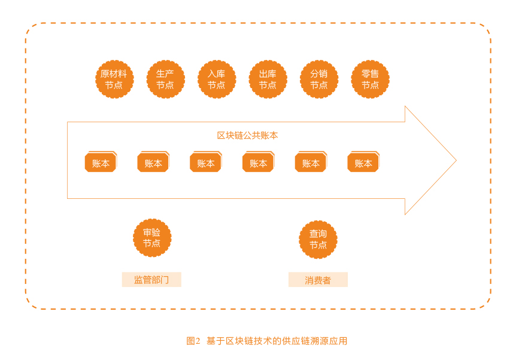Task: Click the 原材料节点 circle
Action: [x=114, y=80]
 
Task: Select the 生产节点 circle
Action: [x=165, y=80]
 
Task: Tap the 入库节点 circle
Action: [x=217, y=80]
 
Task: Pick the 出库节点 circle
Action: [x=268, y=80]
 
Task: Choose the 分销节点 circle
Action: [x=319, y=80]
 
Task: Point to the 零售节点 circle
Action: [x=370, y=80]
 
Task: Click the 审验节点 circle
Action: [x=152, y=238]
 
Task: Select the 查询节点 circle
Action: [x=318, y=240]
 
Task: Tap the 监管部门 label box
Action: [x=151, y=280]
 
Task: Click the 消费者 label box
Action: [x=318, y=280]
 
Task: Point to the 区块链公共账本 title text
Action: [x=247, y=135]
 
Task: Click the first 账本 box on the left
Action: [x=101, y=162]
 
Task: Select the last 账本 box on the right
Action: [x=363, y=162]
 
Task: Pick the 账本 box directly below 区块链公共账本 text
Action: [x=259, y=162]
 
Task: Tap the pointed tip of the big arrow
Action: [x=456, y=161]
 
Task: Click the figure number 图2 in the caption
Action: [x=193, y=341]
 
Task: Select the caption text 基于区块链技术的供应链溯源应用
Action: [x=277, y=341]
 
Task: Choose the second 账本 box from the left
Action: [x=153, y=162]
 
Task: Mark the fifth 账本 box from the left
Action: [x=311, y=162]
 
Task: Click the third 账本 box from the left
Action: [x=206, y=162]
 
